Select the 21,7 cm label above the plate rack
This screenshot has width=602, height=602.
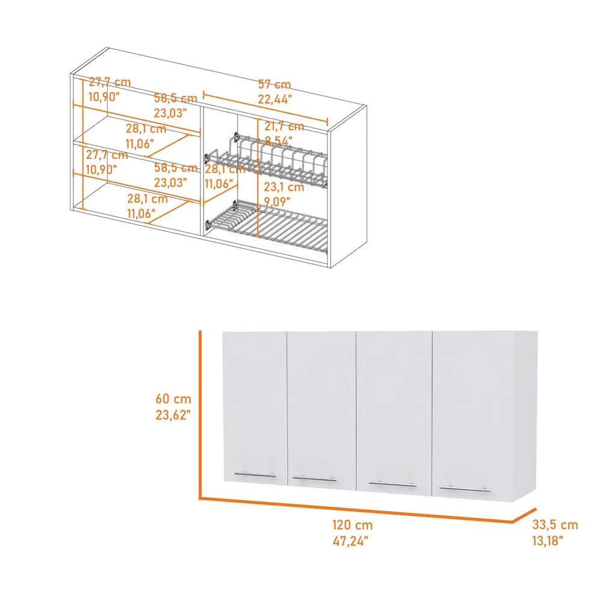[284, 127]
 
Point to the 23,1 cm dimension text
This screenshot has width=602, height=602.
[284, 187]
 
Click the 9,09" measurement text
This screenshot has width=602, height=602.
[278, 201]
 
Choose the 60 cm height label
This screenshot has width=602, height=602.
[173, 399]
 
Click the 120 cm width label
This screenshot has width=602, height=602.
[352, 526]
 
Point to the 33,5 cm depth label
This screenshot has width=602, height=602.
[555, 526]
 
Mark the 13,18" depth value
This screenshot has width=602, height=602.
[548, 541]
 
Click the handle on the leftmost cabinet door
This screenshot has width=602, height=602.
[255, 474]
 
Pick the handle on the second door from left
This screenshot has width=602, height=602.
[315, 479]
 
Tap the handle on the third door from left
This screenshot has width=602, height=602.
[391, 484]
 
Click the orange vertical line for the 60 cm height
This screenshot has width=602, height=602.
[199, 415]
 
